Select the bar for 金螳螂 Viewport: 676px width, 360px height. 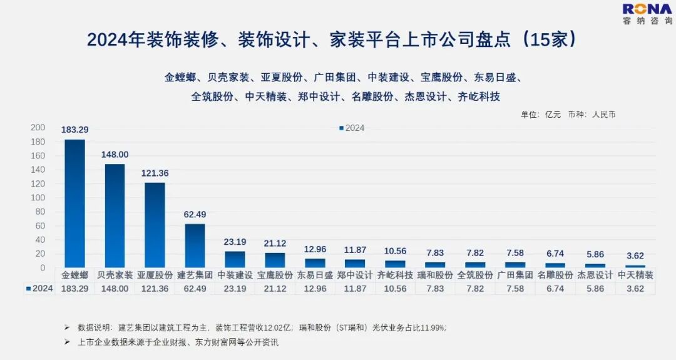74,203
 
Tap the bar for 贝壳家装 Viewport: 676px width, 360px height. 115,216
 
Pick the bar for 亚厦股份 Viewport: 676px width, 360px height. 155,225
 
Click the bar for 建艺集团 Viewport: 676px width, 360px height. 195,245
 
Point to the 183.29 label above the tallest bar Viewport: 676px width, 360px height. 74,130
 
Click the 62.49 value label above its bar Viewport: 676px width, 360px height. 195,214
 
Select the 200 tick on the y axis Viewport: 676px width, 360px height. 38,128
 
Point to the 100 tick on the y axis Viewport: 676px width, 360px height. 38,198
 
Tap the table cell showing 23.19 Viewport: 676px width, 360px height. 235,289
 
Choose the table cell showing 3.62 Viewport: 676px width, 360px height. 635,289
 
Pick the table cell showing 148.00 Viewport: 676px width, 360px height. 115,289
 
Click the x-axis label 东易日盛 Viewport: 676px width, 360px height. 315,275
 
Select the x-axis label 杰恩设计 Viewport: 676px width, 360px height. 595,275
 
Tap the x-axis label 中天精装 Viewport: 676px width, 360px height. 635,275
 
